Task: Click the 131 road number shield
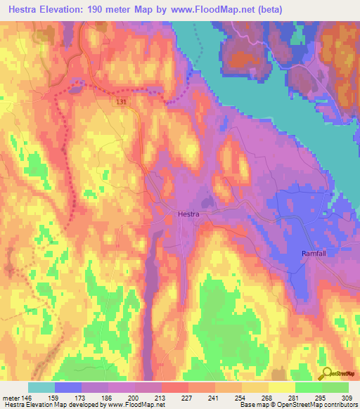[122, 102]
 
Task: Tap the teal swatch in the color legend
[41, 387]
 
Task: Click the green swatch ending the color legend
[335, 387]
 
